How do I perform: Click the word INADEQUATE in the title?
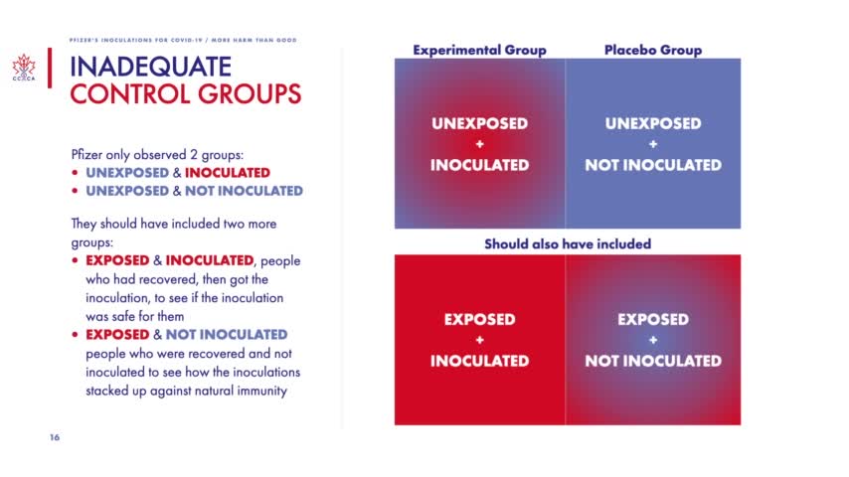(x=150, y=68)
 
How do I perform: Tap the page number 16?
(x=55, y=437)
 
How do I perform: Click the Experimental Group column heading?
(x=479, y=50)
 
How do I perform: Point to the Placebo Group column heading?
(x=653, y=50)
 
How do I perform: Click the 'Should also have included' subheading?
(x=568, y=243)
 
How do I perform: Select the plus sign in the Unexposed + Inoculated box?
(x=479, y=145)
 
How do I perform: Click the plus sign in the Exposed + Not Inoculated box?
(x=653, y=340)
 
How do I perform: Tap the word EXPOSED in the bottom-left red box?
(x=479, y=320)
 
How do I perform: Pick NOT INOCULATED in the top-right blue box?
(x=653, y=165)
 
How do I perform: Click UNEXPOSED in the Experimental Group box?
(x=479, y=124)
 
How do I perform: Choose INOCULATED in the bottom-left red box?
(x=479, y=361)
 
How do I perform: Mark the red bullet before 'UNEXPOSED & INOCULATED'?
(x=76, y=173)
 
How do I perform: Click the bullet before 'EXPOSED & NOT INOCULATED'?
(x=76, y=335)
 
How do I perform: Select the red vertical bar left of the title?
(x=48, y=80)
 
